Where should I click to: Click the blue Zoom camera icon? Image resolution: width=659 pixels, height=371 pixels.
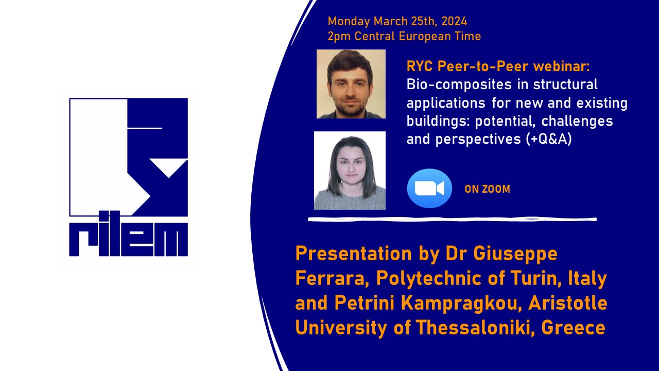pos(429,189)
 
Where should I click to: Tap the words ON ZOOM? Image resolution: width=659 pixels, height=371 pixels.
pos(487,189)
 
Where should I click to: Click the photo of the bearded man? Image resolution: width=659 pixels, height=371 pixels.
pos(351,84)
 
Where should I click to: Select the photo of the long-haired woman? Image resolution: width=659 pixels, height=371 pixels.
pos(350,171)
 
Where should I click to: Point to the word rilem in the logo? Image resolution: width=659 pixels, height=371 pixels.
pos(128,240)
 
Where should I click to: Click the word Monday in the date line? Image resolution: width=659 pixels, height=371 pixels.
pos(349,22)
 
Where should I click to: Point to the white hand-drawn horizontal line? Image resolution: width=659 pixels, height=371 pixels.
pos(452,220)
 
